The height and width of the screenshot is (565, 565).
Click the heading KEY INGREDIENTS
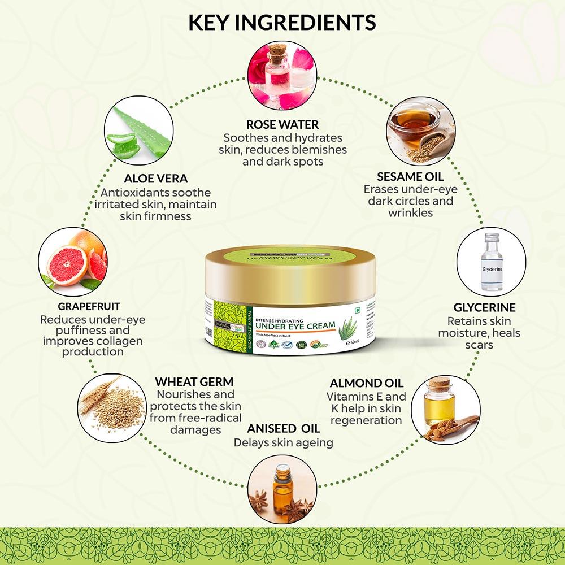(x=282, y=22)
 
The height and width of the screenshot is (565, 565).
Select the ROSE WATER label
(x=282, y=124)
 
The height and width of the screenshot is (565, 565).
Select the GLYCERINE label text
(x=485, y=308)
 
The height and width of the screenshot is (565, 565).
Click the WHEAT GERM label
(x=194, y=382)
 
